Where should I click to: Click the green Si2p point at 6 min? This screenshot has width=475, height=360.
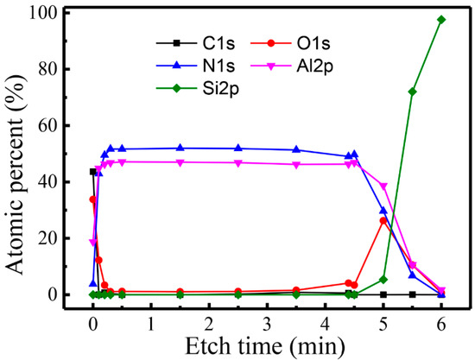point(441,19)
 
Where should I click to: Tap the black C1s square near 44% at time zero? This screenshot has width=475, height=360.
point(93,171)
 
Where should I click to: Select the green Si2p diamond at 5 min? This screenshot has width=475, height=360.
point(383,279)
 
